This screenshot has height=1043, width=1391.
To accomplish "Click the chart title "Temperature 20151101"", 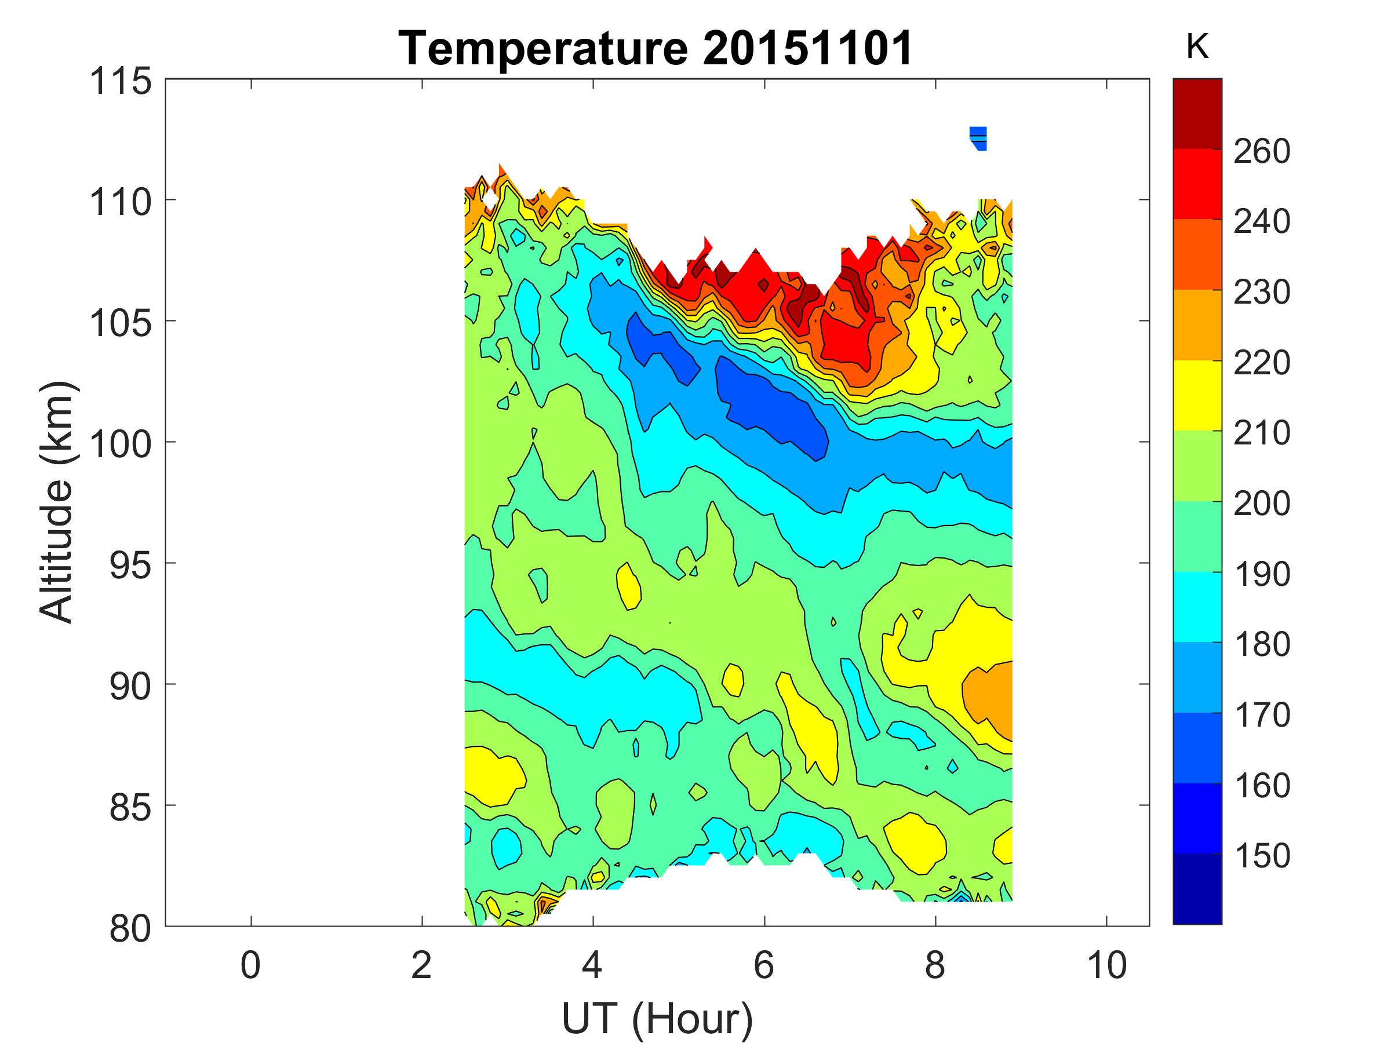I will click(656, 49).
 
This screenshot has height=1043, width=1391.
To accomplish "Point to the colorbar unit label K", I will click(1197, 47).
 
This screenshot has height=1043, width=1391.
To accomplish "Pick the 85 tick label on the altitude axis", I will click(130, 807).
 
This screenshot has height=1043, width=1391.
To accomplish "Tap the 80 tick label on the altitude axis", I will click(130, 928).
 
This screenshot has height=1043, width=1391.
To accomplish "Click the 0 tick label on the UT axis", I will click(250, 965).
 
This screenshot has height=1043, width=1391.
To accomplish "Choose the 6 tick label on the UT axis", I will click(764, 965).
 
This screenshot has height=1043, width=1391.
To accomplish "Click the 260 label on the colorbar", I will click(1261, 151).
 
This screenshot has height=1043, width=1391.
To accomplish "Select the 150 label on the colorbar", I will click(1261, 855).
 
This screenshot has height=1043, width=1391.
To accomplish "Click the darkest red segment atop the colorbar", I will click(1197, 113).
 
